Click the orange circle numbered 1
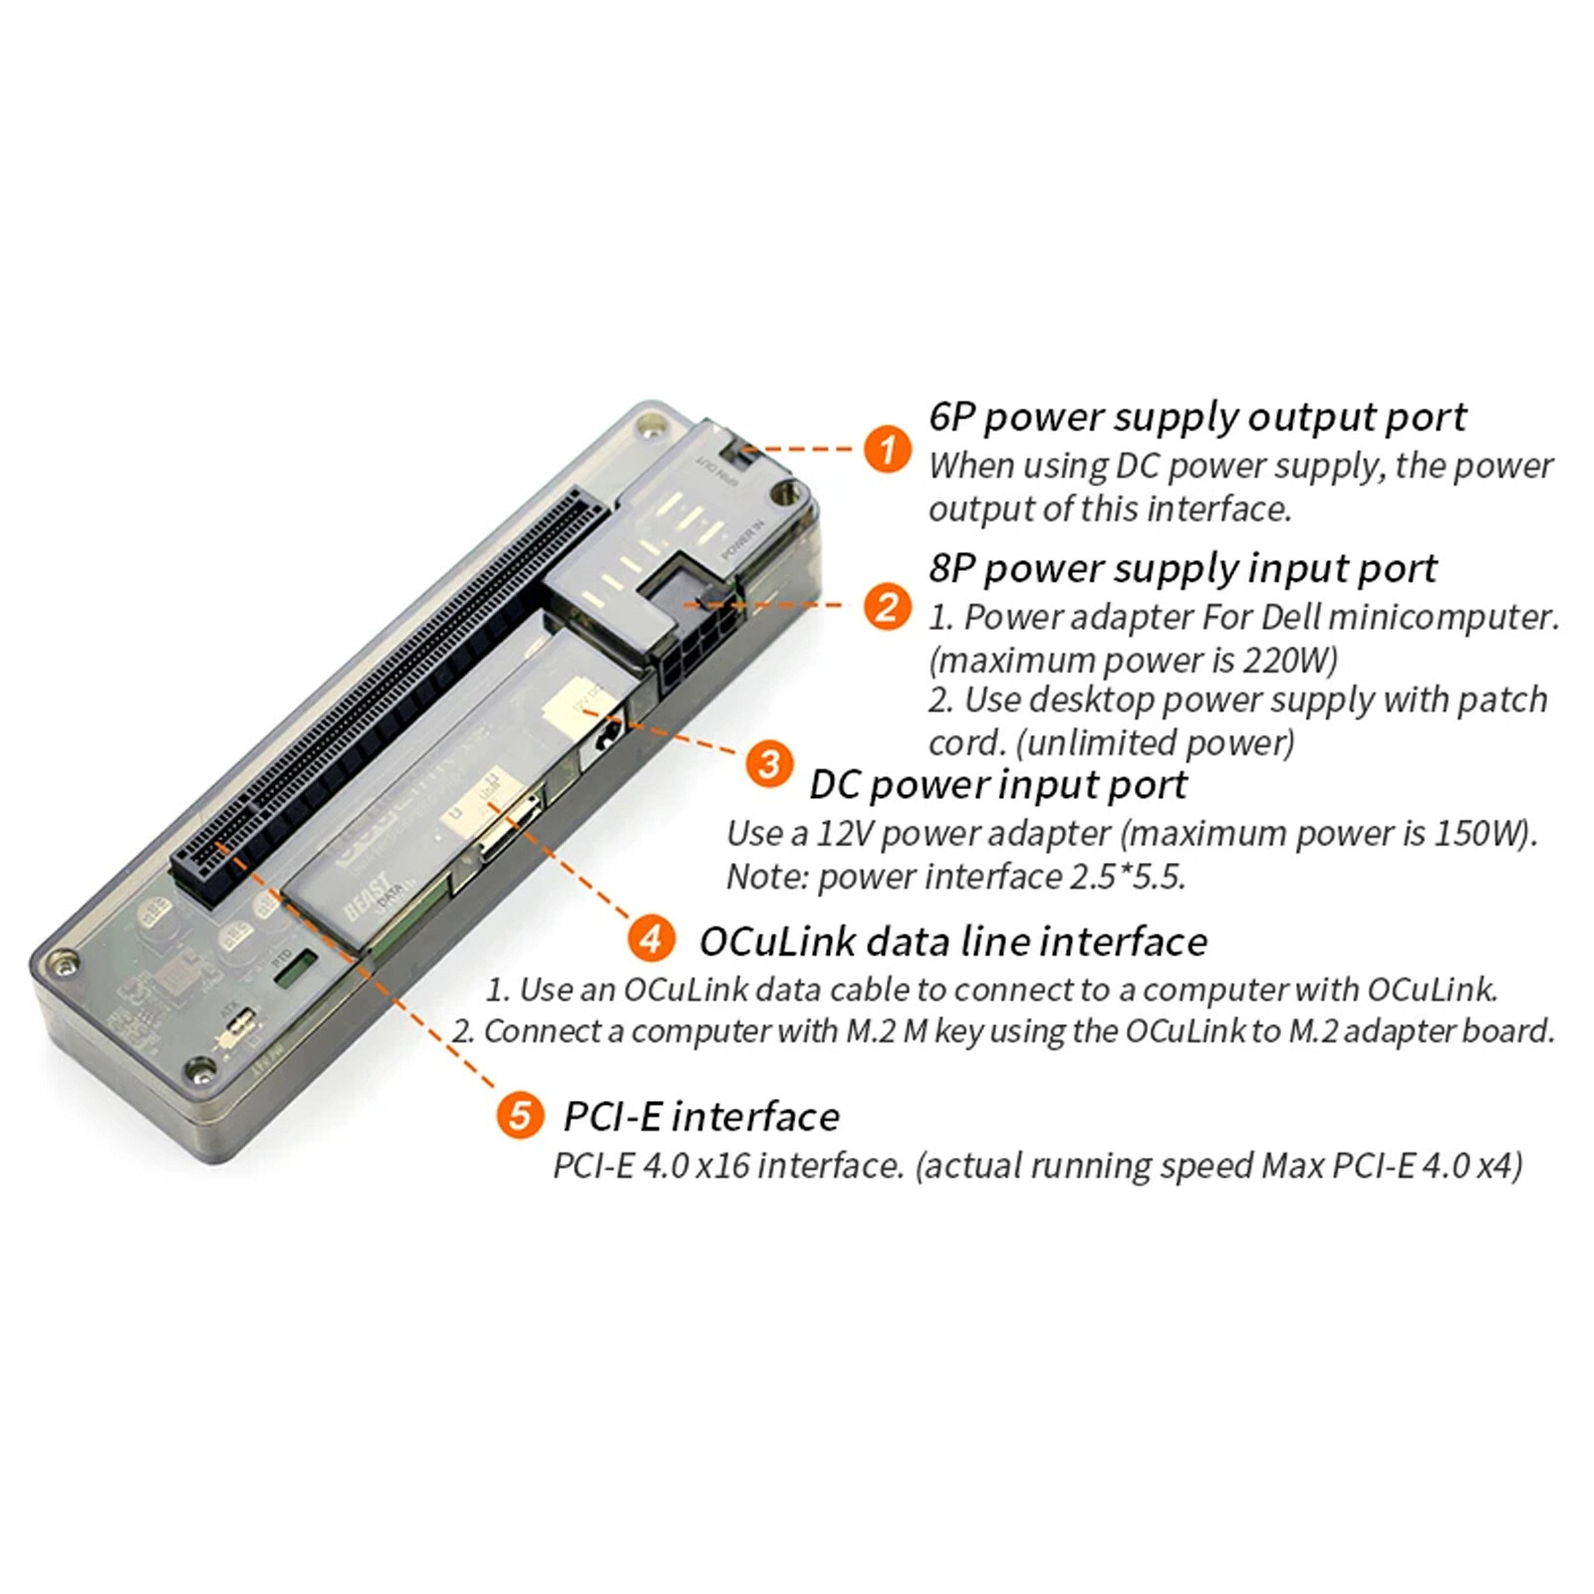pyautogui.click(x=887, y=449)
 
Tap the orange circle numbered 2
pyautogui.click(x=887, y=607)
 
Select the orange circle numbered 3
pyautogui.click(x=769, y=765)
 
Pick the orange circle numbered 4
pyautogui.click(x=652, y=938)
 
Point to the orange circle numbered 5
pyautogui.click(x=520, y=1114)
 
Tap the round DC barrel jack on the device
pyautogui.click(x=604, y=738)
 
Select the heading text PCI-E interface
pyautogui.click(x=700, y=1117)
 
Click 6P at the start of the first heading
pyautogui.click(x=951, y=416)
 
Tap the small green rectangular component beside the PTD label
pyautogui.click(x=295, y=967)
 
